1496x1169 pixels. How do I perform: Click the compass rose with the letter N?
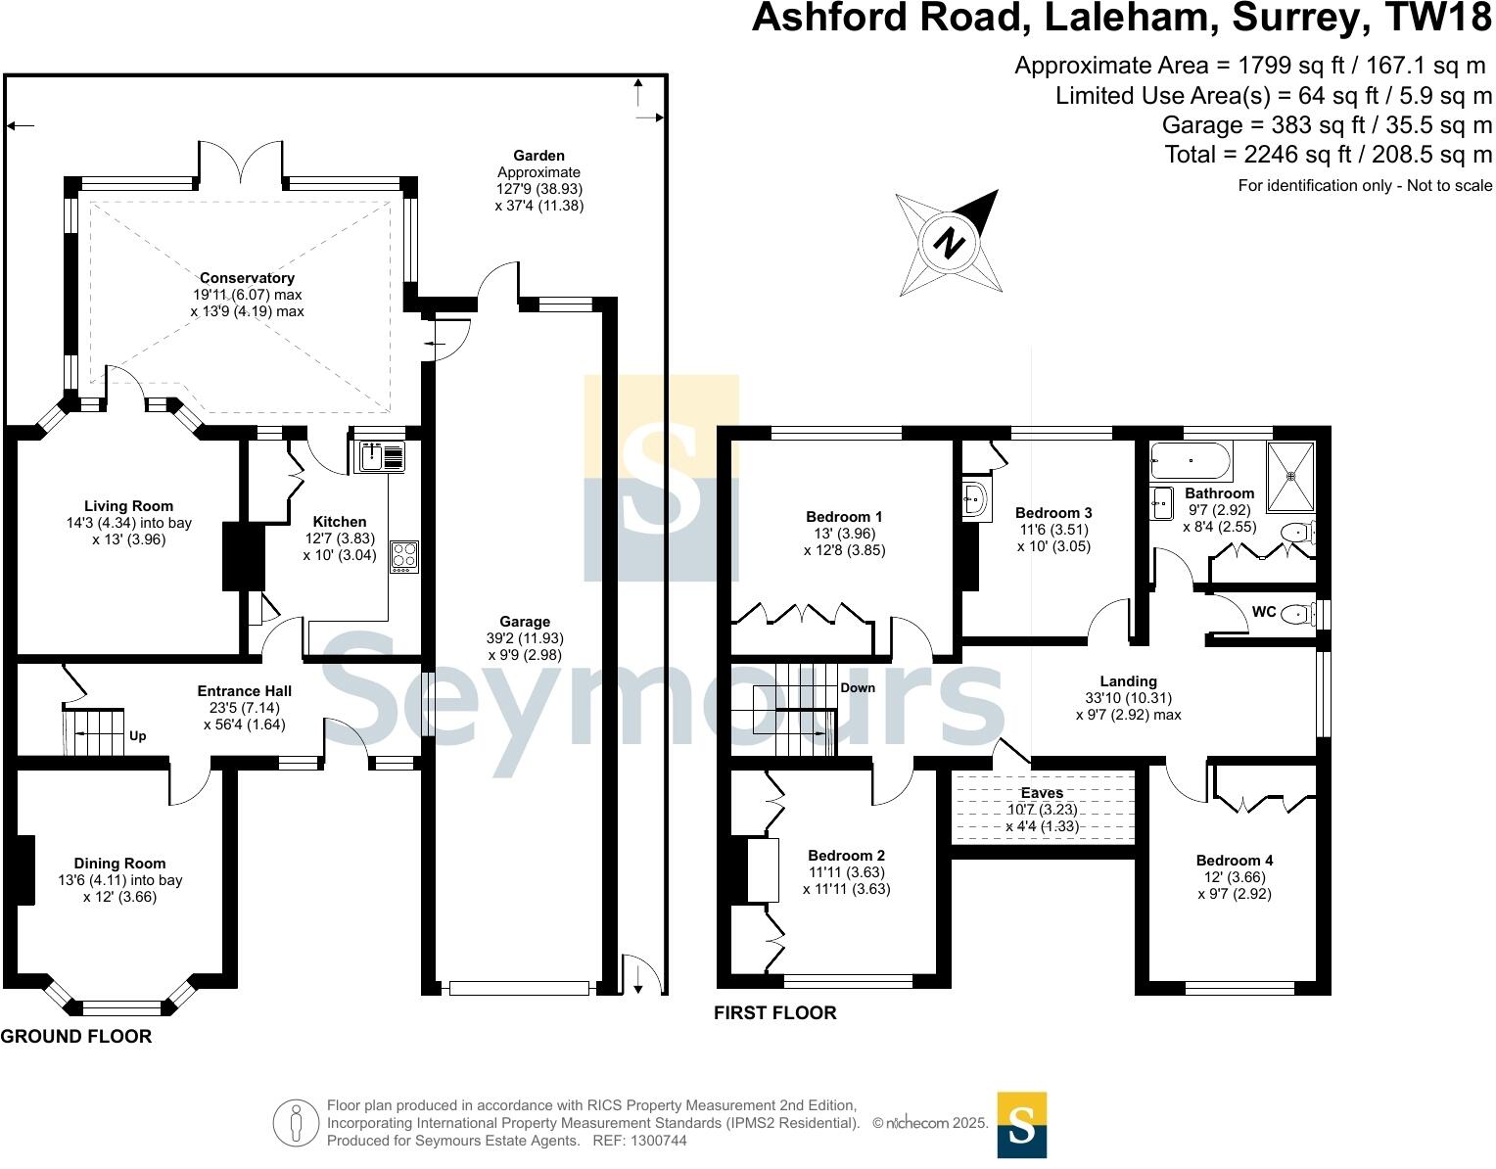948,242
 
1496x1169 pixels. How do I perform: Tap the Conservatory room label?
247,278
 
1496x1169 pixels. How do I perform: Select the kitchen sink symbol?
379,457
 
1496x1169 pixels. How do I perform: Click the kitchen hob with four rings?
404,557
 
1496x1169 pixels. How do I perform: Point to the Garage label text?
525,622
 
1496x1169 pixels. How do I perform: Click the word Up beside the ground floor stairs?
138,736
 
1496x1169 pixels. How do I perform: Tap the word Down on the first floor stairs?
858,687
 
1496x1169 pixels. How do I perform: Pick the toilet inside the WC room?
1297,614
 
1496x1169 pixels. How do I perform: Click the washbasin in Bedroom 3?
975,500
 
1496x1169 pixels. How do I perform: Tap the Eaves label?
1042,793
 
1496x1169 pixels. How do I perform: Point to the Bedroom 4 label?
1235,861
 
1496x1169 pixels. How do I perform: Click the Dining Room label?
120,864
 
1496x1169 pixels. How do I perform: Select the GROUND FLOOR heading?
76,1037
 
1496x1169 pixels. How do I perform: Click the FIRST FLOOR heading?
775,1013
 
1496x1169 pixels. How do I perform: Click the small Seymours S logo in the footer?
1021,1125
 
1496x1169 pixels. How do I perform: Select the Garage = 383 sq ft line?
1327,125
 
